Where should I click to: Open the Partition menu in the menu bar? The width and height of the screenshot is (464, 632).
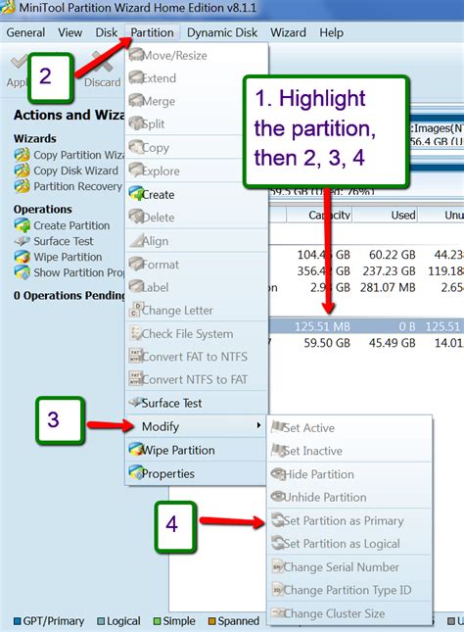[x=152, y=32]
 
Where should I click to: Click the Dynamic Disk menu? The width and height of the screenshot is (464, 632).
[x=222, y=32]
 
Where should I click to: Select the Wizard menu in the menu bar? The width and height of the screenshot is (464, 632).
[x=288, y=32]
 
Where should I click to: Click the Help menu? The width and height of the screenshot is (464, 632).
[x=332, y=32]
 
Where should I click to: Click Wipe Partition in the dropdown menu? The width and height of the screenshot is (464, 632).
[x=178, y=451]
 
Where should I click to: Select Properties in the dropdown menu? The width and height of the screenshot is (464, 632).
[x=168, y=474]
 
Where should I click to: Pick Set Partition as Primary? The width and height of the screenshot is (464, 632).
[x=343, y=521]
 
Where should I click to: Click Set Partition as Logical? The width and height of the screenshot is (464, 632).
[x=342, y=544]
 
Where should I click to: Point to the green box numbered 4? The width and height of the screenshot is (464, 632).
[x=171, y=525]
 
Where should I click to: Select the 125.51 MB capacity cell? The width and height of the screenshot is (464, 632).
[x=327, y=325]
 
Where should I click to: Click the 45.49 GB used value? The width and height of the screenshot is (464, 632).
[x=394, y=344]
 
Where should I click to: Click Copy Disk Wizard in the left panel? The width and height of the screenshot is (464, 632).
[x=75, y=170]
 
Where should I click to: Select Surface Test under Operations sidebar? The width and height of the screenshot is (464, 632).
[x=64, y=241]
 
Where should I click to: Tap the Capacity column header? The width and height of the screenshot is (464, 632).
[x=329, y=216]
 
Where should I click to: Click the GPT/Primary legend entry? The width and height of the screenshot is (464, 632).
[x=51, y=621]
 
